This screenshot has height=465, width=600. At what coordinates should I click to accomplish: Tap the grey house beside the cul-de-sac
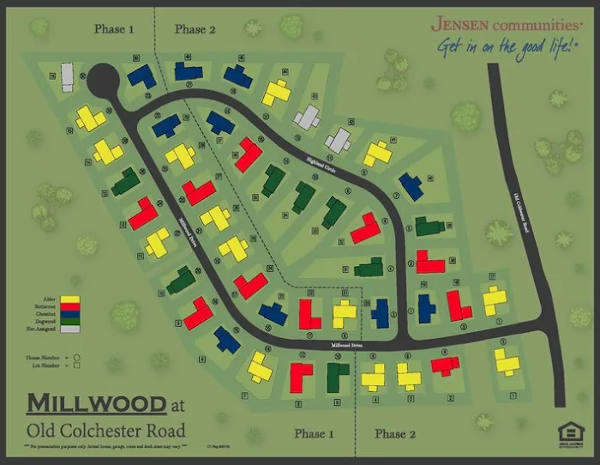coord(68,76)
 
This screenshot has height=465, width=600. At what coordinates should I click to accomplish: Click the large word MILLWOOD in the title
coord(96,403)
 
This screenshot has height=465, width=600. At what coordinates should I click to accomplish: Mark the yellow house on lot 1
coord(507,362)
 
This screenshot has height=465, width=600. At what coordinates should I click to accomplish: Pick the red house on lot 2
coord(445,365)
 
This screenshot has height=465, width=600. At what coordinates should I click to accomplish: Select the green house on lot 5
coord(338,376)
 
